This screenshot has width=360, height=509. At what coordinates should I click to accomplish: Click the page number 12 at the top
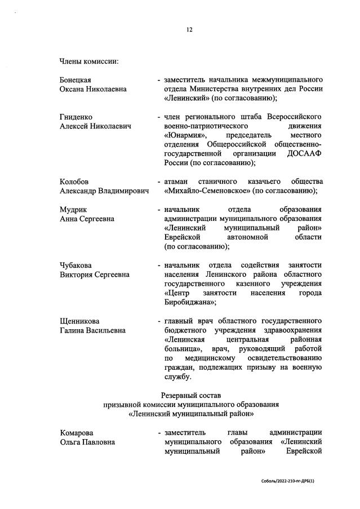[x=189, y=30]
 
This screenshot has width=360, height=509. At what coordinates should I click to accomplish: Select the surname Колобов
[x=74, y=182]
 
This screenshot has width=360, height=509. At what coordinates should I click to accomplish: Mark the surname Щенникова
[x=79, y=321]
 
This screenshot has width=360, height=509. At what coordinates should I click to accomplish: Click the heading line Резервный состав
[x=190, y=395]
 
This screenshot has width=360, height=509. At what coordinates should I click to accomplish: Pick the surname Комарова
[x=77, y=432]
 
